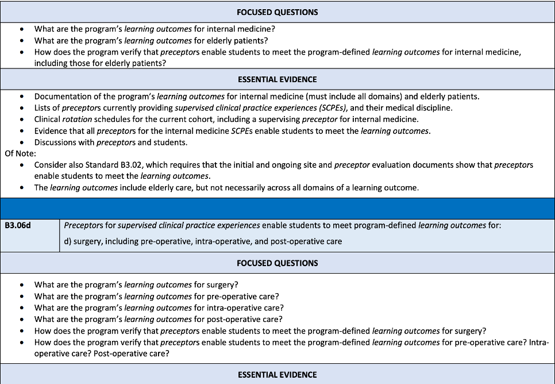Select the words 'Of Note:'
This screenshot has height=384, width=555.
[x=21, y=153]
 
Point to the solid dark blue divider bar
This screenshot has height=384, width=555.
[x=277, y=209]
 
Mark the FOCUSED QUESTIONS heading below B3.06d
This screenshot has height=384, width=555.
[x=277, y=263]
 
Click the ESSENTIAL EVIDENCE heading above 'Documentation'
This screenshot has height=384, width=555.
[x=277, y=79]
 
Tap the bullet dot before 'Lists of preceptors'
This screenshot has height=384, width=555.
[x=22, y=108]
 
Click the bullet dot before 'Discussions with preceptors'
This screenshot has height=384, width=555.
[x=22, y=143]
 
